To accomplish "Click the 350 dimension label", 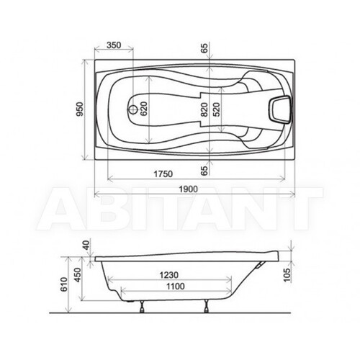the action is (x=114, y=45).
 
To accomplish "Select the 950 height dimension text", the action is (x=80, y=109).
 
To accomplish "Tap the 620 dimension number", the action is (x=143, y=109).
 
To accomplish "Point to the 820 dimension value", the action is (x=204, y=109).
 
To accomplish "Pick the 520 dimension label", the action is (x=217, y=109).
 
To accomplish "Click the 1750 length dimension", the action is (x=163, y=174).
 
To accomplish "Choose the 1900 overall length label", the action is (x=189, y=189).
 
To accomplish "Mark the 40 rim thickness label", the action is (x=86, y=244).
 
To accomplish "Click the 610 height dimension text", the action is (x=64, y=284).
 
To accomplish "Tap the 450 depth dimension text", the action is (x=78, y=275).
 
